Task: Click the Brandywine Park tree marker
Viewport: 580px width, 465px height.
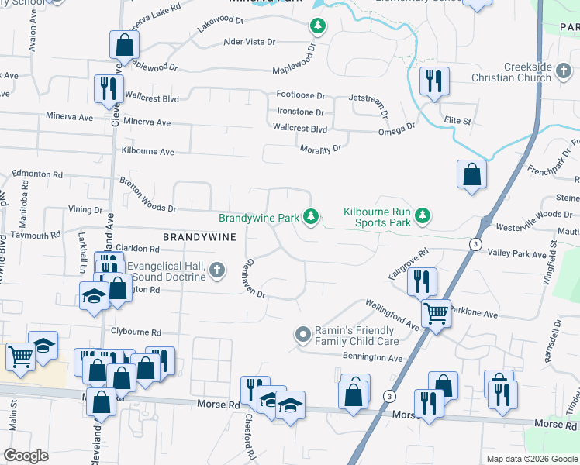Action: (x=311, y=216)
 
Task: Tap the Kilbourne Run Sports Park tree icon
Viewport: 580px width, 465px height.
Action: (x=422, y=215)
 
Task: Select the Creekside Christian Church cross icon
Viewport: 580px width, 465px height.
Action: (x=564, y=72)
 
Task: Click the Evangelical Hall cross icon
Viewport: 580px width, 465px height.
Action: (x=217, y=270)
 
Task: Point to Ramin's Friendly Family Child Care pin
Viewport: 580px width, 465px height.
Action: (x=303, y=335)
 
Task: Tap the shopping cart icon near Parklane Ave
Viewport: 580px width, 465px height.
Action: (x=436, y=312)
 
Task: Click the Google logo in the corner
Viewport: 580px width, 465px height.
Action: (x=26, y=456)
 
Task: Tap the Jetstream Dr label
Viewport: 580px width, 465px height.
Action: (x=369, y=99)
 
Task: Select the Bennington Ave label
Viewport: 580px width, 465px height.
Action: (x=375, y=358)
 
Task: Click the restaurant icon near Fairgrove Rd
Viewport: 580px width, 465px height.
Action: (x=421, y=280)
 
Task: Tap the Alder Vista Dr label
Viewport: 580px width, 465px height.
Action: (x=253, y=42)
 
